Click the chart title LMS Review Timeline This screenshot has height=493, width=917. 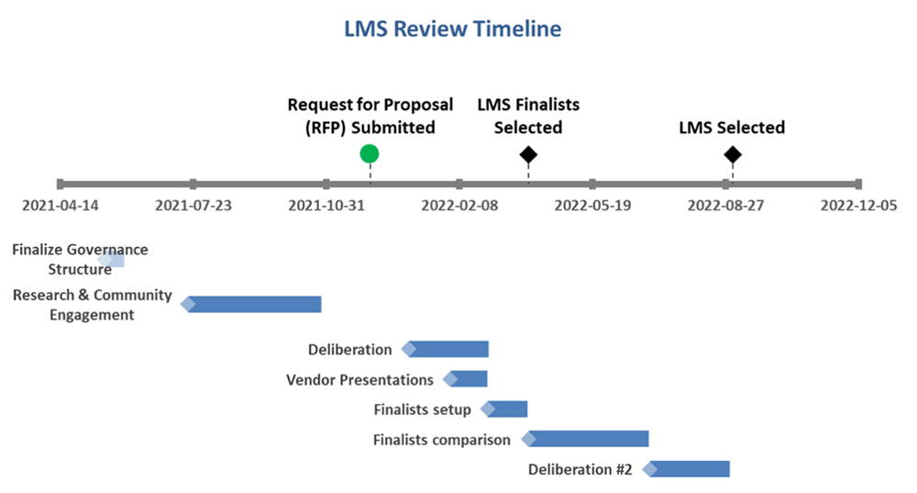[452, 29]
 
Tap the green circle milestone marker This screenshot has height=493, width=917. [370, 153]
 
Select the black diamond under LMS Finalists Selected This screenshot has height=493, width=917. [528, 154]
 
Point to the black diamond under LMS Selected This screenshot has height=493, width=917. [732, 154]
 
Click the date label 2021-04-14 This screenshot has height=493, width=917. [60, 206]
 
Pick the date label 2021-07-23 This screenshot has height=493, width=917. [193, 206]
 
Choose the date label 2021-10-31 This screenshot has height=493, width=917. [326, 206]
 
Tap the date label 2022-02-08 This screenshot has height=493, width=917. [459, 206]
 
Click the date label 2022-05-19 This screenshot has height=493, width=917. [592, 206]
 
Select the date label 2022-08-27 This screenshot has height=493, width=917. [725, 206]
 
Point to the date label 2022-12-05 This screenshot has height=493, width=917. [858, 206]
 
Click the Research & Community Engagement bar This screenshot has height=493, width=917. [254, 305]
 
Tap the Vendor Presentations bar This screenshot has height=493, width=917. [468, 379]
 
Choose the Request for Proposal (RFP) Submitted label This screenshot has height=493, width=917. [370, 117]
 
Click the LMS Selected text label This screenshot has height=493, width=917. [732, 128]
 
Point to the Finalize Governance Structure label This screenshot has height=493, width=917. [80, 259]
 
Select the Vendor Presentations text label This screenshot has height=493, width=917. [359, 379]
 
